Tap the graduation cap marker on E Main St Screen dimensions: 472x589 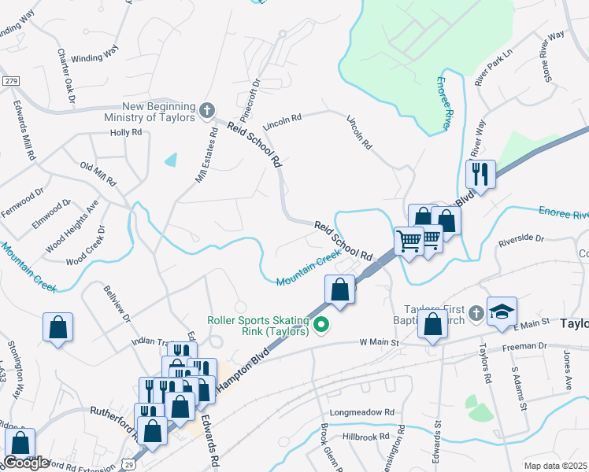(502, 312)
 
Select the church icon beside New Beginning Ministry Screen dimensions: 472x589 (206, 111)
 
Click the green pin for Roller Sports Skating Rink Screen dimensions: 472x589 (321, 323)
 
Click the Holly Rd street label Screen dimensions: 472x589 (126, 132)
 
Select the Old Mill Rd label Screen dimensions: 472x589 (98, 174)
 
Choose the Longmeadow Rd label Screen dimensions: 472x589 (368, 412)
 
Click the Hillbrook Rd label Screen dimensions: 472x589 (366, 436)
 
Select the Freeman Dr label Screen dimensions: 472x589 (529, 345)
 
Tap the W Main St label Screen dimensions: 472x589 (380, 342)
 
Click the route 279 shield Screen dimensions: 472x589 (10, 82)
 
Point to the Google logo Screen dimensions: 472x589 (26, 463)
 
